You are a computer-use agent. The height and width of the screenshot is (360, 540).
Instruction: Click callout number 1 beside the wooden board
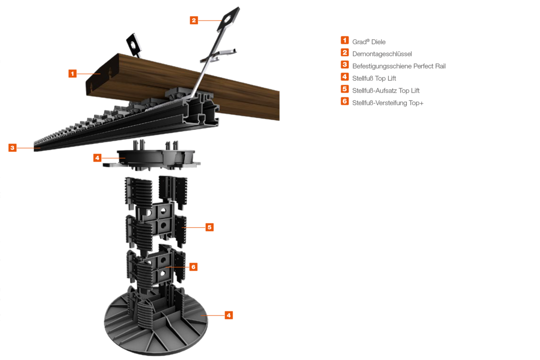[72, 74]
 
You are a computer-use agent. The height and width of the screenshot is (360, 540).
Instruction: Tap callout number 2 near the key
[194, 21]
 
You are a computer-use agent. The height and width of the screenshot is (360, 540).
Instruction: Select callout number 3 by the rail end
[12, 148]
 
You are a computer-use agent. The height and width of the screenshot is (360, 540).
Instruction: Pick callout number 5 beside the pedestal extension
[210, 227]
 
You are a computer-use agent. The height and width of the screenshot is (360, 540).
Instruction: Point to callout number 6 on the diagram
[193, 267]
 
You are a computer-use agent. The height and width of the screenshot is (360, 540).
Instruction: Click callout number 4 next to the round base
[228, 315]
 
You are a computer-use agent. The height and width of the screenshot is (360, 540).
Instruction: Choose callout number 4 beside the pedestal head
[97, 158]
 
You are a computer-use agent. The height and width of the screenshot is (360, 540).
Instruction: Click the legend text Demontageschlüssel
[382, 54]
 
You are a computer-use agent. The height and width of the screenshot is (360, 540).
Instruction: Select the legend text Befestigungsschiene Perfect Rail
[399, 66]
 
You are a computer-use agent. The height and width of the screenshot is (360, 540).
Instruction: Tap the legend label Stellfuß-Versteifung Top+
[388, 103]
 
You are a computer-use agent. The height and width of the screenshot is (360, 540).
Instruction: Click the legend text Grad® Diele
[369, 42]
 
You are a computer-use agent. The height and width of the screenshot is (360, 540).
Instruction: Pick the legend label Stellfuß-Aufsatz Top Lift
[386, 91]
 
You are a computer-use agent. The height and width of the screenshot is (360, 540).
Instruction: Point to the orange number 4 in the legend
[345, 77]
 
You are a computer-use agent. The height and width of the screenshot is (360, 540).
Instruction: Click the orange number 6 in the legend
[345, 101]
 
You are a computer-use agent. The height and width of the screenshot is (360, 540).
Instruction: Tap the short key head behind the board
[133, 44]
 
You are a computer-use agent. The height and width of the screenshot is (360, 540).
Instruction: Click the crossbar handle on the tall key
[218, 55]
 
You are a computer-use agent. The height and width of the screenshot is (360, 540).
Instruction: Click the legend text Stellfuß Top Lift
[374, 79]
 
